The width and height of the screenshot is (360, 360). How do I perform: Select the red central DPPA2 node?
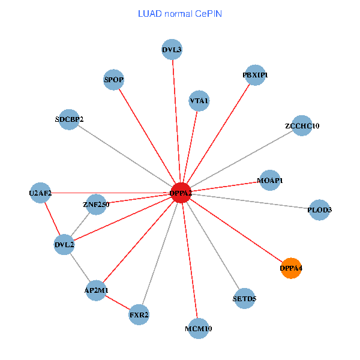(181, 193)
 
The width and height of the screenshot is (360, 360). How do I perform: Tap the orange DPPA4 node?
(290, 268)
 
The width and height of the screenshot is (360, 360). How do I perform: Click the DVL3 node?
(172, 50)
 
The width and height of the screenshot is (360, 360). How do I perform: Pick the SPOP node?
(113, 80)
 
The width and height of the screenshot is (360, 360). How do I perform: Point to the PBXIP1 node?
(255, 76)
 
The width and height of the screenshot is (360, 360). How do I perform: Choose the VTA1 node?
(199, 101)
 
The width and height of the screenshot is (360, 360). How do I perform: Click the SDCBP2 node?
(70, 119)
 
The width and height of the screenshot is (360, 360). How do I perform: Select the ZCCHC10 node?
(302, 126)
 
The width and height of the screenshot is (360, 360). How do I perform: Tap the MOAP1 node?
(269, 180)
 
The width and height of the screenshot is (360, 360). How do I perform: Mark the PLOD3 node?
(319, 210)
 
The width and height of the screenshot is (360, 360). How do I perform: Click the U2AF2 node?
(40, 193)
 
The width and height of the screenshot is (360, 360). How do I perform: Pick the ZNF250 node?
(96, 205)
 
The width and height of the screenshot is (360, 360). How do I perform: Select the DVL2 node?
(64, 245)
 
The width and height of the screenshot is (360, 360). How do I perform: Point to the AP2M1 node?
(96, 290)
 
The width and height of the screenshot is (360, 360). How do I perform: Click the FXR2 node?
(139, 314)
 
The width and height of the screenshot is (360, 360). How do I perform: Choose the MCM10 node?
(199, 328)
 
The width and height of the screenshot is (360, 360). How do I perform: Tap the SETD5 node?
(244, 298)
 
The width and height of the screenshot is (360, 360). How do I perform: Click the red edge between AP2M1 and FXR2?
(118, 302)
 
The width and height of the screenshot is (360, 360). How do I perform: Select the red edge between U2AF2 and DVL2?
(52, 219)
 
